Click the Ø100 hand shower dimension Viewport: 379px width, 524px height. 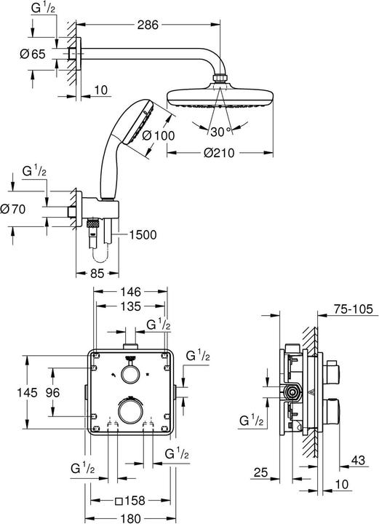[158, 135]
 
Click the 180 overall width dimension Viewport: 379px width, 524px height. [132, 517]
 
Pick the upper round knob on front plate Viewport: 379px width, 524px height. [131, 374]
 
